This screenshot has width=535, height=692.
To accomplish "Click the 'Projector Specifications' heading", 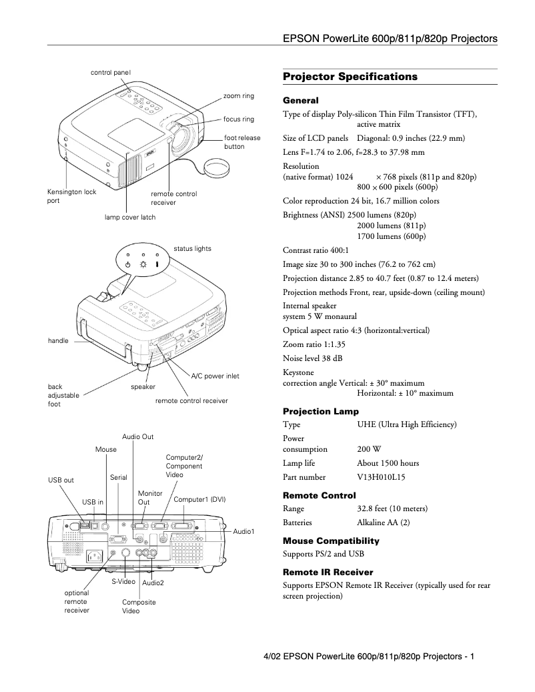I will coord(350,77).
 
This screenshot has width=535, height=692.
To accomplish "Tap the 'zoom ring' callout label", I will coord(238,96).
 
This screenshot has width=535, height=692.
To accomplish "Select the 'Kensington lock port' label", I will coord(71,196).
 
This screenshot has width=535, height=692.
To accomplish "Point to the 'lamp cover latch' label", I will coord(130,218).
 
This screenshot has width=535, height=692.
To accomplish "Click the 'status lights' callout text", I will coord(192,249).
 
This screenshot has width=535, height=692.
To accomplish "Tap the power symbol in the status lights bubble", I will coord(127,264).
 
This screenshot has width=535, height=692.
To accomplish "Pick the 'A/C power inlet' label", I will coord(215,376).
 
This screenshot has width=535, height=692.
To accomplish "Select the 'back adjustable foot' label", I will coord(63,395).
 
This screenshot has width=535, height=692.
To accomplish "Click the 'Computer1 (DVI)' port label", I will coord(200,499).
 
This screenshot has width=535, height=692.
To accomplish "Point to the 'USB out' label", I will coord(61,480).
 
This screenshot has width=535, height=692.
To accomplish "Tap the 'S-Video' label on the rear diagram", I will coord(123,582).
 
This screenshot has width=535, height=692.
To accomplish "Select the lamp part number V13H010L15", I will coord(381,477).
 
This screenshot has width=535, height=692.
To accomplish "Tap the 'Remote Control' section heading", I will coord(319,495).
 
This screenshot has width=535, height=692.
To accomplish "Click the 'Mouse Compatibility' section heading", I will coord(330,541).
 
